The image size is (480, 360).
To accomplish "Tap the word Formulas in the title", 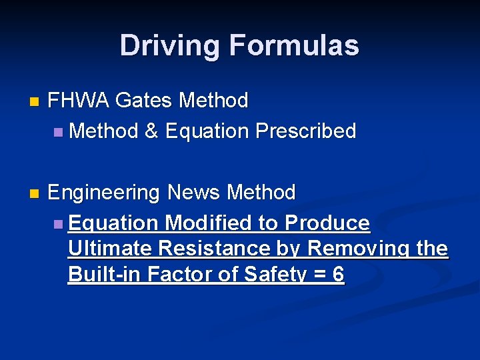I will point(294,45).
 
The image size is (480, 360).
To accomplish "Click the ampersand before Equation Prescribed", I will point(151,131).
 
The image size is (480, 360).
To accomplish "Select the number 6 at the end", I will point(338,274).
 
